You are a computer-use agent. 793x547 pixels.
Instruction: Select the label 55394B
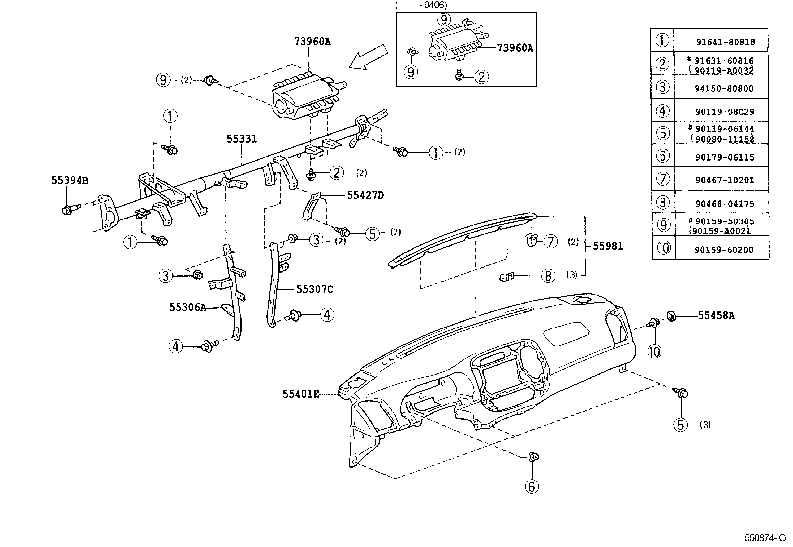click(x=70, y=181)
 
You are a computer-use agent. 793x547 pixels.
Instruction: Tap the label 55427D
click(x=365, y=195)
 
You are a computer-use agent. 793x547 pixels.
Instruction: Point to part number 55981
click(x=607, y=246)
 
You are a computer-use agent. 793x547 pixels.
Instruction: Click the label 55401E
click(x=300, y=394)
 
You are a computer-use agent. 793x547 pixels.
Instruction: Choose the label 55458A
click(x=716, y=315)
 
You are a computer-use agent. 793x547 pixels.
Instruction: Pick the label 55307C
click(x=315, y=289)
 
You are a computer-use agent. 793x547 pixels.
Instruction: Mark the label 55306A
click(x=187, y=307)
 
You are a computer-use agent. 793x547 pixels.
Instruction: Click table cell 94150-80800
click(x=724, y=88)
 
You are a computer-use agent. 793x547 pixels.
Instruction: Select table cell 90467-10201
click(x=724, y=180)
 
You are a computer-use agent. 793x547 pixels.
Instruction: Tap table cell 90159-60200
click(x=724, y=250)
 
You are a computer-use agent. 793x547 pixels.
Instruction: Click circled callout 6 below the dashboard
click(x=532, y=486)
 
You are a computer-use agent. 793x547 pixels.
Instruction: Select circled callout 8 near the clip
click(x=548, y=275)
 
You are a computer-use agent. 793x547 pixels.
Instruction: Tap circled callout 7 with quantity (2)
click(x=550, y=241)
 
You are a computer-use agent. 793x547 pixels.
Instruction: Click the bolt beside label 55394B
click(x=68, y=209)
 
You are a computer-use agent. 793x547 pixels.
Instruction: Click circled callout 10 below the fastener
click(x=654, y=351)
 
